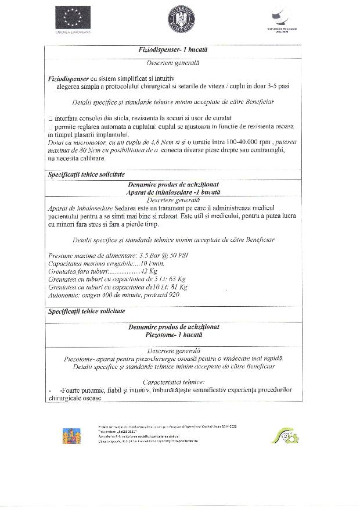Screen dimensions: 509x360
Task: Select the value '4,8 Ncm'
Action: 152,142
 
